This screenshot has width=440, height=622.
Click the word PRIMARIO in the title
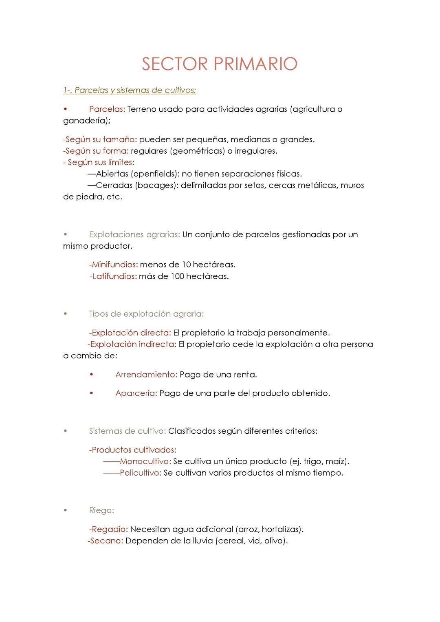click(255, 64)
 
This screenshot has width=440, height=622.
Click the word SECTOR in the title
click(175, 64)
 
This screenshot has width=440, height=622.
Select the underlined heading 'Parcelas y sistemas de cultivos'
click(134, 90)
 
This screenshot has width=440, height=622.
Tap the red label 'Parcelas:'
click(107, 109)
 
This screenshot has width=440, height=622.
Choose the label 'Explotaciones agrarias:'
click(134, 234)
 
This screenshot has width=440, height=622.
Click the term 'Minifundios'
click(114, 265)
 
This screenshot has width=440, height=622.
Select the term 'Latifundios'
click(114, 276)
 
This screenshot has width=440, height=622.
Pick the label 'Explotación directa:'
click(130, 333)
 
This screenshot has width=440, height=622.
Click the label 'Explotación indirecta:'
click(133, 344)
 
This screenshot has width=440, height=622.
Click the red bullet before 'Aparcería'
click(92, 393)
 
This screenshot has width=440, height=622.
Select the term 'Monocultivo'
click(145, 461)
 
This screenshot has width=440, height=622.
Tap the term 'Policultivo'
click(140, 473)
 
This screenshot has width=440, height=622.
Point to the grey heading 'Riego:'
click(101, 510)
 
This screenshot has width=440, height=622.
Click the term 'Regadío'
click(109, 529)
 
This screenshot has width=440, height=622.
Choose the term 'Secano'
click(106, 541)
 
